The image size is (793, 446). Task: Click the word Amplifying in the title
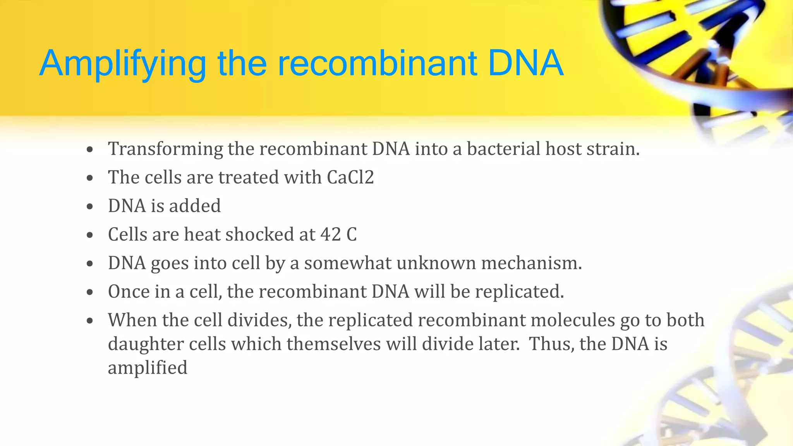(x=122, y=64)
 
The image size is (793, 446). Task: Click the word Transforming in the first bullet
(x=165, y=149)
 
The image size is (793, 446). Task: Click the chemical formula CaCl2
(x=350, y=177)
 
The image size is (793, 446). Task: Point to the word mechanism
(x=531, y=263)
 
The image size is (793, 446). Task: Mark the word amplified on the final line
(x=148, y=368)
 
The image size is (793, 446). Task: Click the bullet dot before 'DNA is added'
(x=90, y=206)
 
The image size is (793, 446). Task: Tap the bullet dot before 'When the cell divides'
(x=90, y=321)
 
